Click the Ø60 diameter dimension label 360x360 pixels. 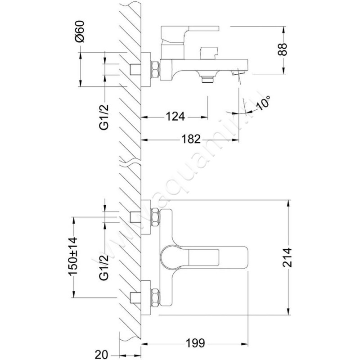click(80, 31)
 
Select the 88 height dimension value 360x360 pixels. click(283, 49)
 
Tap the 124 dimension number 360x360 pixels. click(175, 117)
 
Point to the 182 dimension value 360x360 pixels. click(191, 139)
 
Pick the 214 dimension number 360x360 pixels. click(287, 257)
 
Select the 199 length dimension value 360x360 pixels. click(195, 343)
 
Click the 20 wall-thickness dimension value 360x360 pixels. click(101, 355)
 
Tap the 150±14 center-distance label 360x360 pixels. click(73, 256)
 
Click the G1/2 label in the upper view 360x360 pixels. click(104, 117)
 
